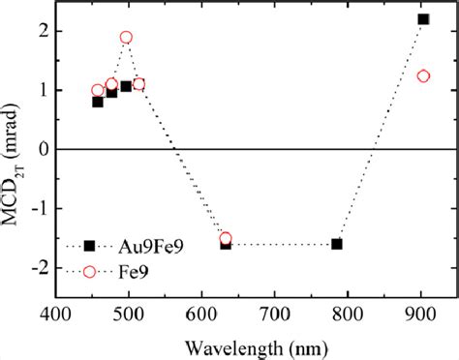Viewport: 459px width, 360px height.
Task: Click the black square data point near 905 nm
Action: (423, 19)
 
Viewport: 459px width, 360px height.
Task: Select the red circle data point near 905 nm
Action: (423, 76)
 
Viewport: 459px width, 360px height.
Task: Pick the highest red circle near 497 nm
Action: (126, 38)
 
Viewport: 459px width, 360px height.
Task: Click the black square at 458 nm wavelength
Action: (98, 102)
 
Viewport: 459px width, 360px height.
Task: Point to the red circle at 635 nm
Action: (226, 239)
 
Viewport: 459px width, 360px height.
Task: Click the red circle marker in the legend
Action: (89, 271)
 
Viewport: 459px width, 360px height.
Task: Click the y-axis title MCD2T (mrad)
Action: (12, 149)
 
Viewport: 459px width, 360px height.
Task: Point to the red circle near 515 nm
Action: (138, 84)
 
